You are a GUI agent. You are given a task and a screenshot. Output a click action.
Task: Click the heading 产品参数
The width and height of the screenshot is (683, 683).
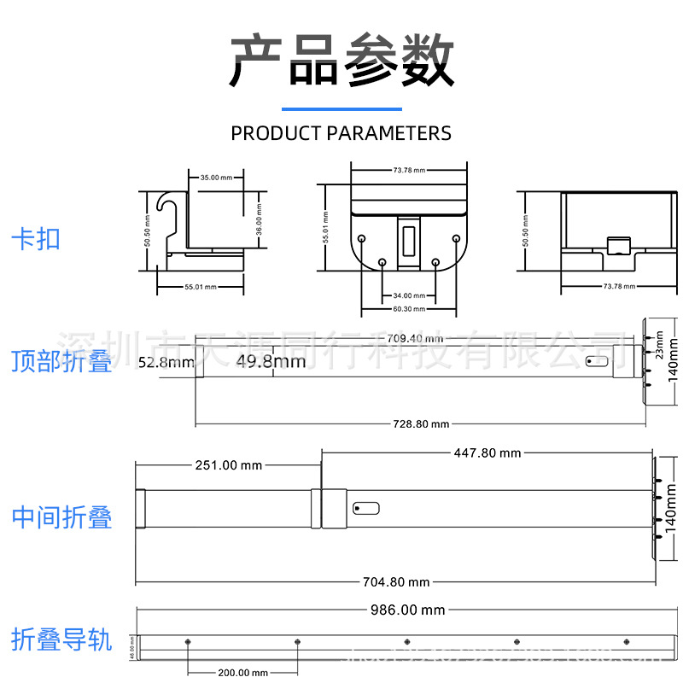(341, 61)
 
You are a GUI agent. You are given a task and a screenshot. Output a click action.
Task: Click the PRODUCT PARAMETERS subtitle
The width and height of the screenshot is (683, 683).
(341, 133)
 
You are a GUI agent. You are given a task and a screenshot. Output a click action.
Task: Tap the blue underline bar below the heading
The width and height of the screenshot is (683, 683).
(341, 109)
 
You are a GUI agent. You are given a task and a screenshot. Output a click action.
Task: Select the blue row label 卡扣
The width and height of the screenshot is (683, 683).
(36, 238)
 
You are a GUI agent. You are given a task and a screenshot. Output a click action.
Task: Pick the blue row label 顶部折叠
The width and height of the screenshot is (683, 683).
(61, 361)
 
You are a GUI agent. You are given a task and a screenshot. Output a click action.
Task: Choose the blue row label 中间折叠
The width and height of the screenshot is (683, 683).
(61, 517)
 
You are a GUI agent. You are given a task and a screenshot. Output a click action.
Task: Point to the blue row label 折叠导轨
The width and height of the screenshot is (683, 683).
(61, 639)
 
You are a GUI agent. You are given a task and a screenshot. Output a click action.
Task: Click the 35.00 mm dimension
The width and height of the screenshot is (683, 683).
(215, 178)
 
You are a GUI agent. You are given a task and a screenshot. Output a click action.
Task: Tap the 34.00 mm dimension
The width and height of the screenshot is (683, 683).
(409, 295)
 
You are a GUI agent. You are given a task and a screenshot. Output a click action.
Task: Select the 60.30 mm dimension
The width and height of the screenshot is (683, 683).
(409, 308)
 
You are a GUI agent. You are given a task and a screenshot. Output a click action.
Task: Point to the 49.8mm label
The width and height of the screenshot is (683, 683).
(271, 361)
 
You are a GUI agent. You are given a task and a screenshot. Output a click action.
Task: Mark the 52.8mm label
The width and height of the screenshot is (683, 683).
(166, 362)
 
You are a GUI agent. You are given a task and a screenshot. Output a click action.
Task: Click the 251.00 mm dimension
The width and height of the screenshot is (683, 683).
(229, 465)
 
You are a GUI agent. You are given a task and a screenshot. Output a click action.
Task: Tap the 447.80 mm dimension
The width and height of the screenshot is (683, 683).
(487, 453)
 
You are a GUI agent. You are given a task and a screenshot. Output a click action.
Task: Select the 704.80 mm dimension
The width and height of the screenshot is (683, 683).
(396, 582)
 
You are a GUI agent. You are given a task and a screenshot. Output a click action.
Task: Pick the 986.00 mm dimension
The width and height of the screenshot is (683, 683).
(407, 610)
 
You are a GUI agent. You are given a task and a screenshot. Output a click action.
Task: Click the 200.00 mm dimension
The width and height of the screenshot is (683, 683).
(242, 672)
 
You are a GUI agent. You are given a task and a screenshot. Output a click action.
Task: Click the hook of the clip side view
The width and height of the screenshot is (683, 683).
(166, 205)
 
